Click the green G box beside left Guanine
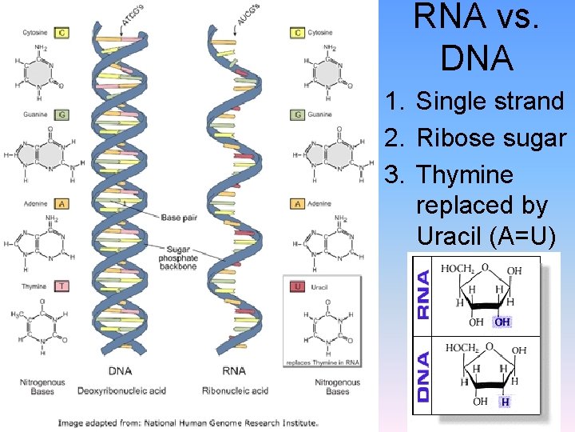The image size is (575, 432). [62, 114]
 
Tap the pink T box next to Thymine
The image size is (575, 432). [62, 286]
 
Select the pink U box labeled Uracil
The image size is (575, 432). [298, 286]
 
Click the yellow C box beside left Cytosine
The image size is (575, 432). [62, 33]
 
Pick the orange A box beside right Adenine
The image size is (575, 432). [298, 204]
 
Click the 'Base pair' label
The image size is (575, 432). [176, 217]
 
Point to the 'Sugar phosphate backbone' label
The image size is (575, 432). [178, 258]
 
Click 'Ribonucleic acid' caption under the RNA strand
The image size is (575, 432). [236, 391]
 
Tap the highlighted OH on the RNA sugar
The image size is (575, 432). [502, 322]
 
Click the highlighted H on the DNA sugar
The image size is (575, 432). [505, 402]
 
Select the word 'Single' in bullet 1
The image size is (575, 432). [454, 102]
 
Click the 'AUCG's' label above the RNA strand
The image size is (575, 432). [248, 15]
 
